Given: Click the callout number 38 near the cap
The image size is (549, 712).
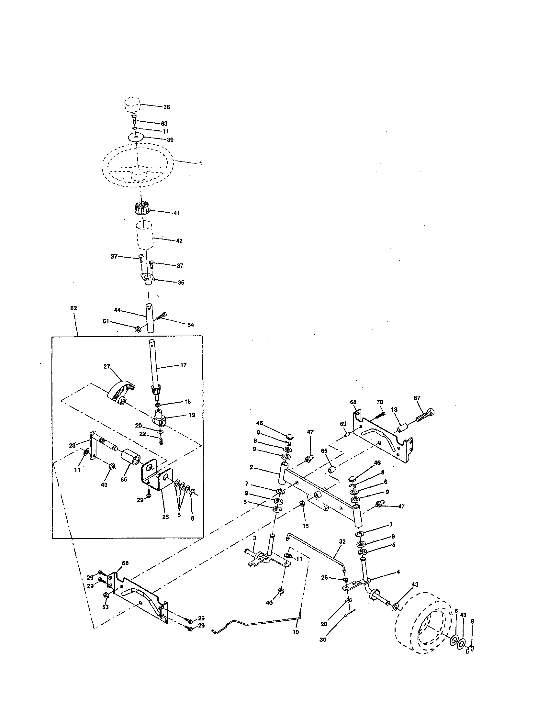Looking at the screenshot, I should pos(167,107).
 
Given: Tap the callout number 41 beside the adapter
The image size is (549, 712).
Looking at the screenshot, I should pos(176,213).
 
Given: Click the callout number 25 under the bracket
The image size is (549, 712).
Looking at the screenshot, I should pos(166,517).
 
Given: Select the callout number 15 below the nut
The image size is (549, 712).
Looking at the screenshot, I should pos(306,526).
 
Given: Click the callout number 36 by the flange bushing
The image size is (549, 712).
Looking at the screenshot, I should pos(181,282).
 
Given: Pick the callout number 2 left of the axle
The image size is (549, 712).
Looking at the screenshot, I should pos(251,467).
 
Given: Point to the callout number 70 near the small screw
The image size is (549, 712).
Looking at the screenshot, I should pos(380,402).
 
